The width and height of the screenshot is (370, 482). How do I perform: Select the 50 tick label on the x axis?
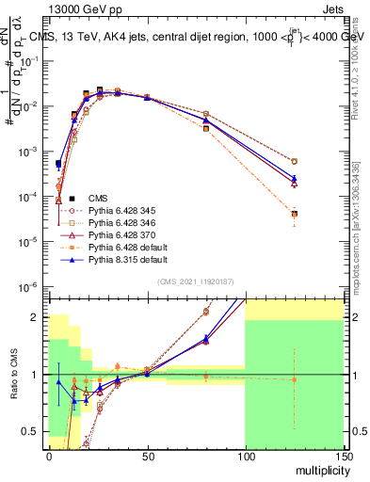coord(146,455)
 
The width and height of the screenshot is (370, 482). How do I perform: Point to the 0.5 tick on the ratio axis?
coord(30,431)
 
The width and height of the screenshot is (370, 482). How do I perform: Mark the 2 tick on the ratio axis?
coord(37,317)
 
